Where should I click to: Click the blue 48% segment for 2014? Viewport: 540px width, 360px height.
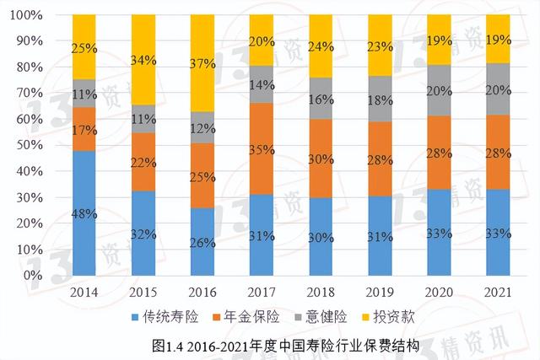point(84,212)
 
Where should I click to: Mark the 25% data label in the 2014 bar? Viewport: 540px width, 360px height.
point(84,48)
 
